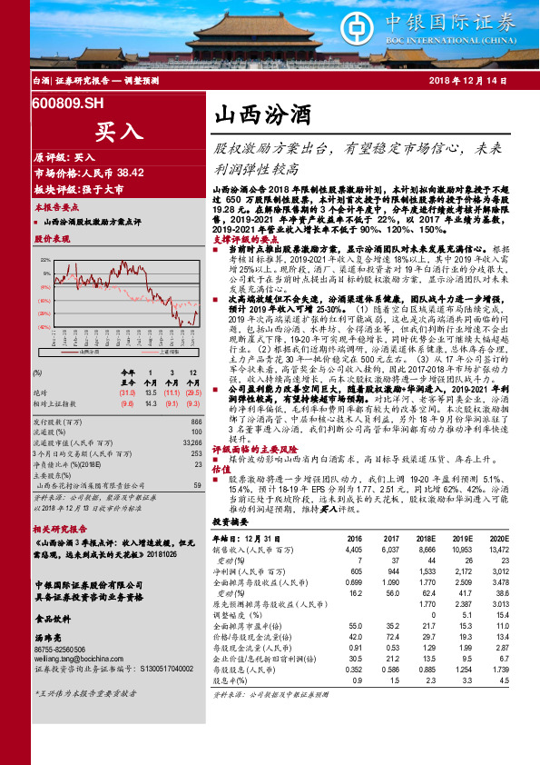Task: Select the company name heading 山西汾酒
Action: (261, 115)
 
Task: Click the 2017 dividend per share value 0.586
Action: (391, 669)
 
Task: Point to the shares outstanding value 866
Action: (196, 422)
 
